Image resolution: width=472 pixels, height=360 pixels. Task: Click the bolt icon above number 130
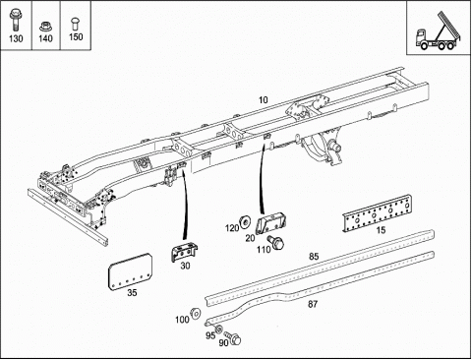tap(15, 20)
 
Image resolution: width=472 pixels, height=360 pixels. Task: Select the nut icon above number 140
tap(45, 27)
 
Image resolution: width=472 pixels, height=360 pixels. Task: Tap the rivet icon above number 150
tap(75, 24)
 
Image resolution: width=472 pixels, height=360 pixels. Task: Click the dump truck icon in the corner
tap(439, 30)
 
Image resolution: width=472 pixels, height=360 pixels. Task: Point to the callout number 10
tap(264, 99)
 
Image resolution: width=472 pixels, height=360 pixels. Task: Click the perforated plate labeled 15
tap(377, 213)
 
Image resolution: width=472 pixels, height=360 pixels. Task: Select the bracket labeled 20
tap(270, 223)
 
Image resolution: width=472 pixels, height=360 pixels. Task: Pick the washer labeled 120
tap(245, 222)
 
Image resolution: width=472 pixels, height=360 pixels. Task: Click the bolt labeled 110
tap(275, 242)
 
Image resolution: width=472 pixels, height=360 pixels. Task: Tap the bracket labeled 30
tap(184, 252)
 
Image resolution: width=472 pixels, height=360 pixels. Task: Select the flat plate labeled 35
tap(131, 272)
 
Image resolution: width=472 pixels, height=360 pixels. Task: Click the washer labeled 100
tap(196, 313)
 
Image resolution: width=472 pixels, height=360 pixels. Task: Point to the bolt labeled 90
tap(233, 338)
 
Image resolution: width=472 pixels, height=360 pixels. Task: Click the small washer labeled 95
tap(218, 329)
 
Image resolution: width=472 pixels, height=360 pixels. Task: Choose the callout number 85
tap(314, 257)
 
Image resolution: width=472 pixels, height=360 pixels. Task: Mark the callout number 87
tap(313, 304)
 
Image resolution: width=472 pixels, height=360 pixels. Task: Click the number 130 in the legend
tap(16, 38)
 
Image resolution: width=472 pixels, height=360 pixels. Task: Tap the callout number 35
tap(132, 292)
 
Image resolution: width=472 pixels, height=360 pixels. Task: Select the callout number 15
tap(381, 230)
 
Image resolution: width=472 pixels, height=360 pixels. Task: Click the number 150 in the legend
tap(76, 36)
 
